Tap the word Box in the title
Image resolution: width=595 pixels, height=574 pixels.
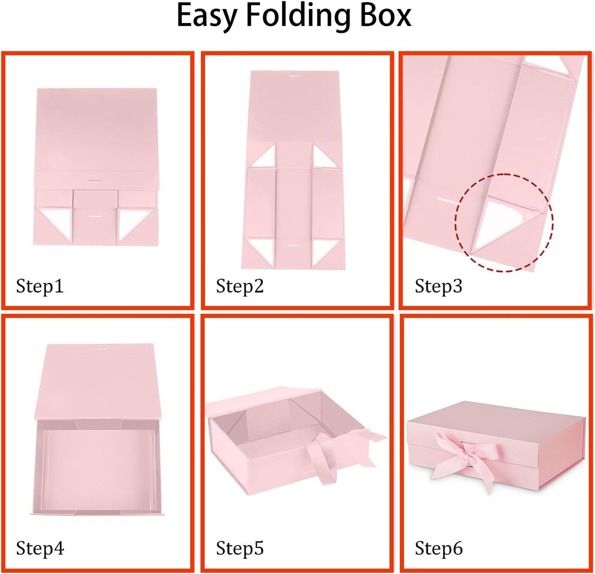(x=386, y=15)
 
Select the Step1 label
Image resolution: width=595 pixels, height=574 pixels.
(x=40, y=287)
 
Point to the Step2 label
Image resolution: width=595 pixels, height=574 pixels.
(x=240, y=287)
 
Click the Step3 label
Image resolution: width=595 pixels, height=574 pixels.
(x=438, y=287)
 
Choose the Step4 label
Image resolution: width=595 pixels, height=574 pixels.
(x=40, y=548)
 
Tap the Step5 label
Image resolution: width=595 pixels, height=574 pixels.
(x=240, y=548)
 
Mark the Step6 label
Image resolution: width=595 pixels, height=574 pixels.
(x=439, y=548)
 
